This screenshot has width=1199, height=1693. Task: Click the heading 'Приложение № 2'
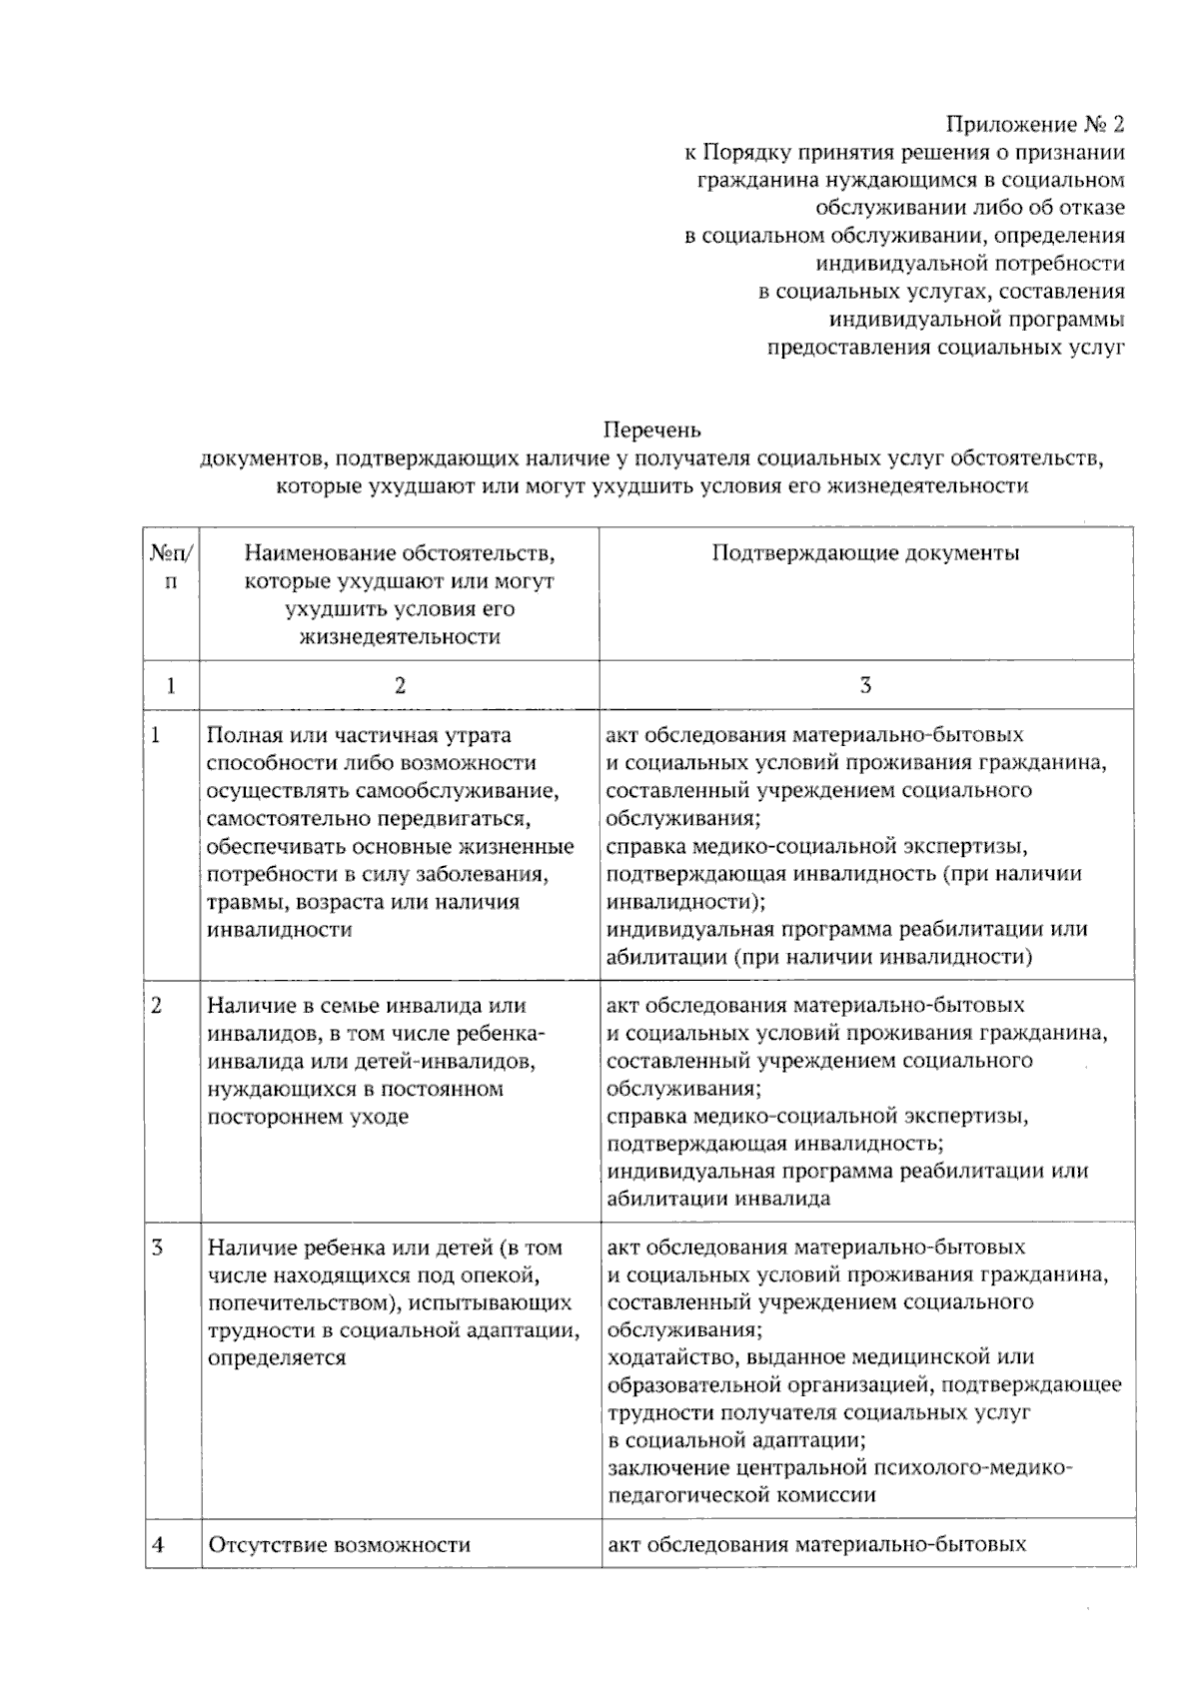1035,125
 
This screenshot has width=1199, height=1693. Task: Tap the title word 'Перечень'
651,430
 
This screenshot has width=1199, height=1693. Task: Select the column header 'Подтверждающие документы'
865,553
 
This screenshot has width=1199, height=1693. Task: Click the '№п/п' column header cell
172,566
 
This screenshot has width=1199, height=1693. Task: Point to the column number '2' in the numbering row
400,685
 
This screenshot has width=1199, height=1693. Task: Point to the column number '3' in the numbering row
865,685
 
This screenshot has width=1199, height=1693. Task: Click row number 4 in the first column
158,1545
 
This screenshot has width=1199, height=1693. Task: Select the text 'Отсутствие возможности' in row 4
339,1545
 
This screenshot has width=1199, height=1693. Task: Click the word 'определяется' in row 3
277,1358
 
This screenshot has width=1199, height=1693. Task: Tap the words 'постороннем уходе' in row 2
308,1117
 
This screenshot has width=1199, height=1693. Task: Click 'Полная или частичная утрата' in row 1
359,736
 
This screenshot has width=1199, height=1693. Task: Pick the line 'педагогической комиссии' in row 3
741,1495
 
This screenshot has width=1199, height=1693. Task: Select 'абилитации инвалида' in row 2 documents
718,1199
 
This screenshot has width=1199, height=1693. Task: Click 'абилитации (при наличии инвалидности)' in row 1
818,957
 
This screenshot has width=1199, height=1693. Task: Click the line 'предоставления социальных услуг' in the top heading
945,348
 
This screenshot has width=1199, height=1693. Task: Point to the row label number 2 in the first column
157,1006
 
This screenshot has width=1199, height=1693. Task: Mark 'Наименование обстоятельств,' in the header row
400,553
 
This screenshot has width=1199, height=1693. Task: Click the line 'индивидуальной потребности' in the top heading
970,264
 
